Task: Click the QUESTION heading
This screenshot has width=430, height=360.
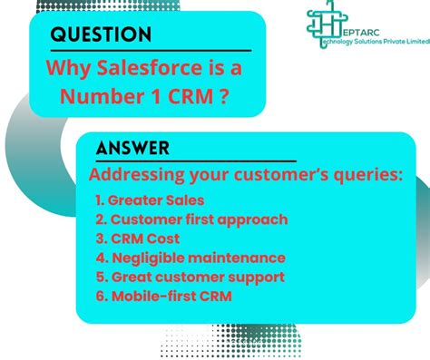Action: pos(101,34)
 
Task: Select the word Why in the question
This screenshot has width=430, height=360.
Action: pos(69,68)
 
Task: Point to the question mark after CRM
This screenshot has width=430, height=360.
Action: pos(223,96)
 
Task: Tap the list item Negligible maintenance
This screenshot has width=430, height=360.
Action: pos(191,258)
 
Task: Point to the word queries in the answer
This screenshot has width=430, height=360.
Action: pos(362,174)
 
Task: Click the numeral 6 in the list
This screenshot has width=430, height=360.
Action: pos(99,296)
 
